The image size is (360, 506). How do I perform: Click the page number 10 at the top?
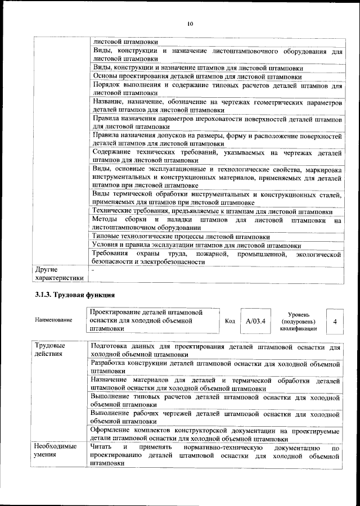click(x=190, y=24)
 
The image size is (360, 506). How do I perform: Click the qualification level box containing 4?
click(x=335, y=321)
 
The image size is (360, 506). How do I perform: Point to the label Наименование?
click(x=53, y=320)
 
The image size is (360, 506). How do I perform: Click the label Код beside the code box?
click(x=229, y=321)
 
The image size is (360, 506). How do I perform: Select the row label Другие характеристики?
click(x=58, y=273)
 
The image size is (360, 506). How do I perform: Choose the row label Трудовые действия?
click(x=50, y=349)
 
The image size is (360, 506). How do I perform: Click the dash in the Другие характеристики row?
click(x=93, y=270)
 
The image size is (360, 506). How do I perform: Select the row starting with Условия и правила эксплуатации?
click(x=196, y=246)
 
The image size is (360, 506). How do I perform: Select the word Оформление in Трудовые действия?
click(x=112, y=431)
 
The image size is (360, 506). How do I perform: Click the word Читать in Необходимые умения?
click(x=101, y=447)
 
